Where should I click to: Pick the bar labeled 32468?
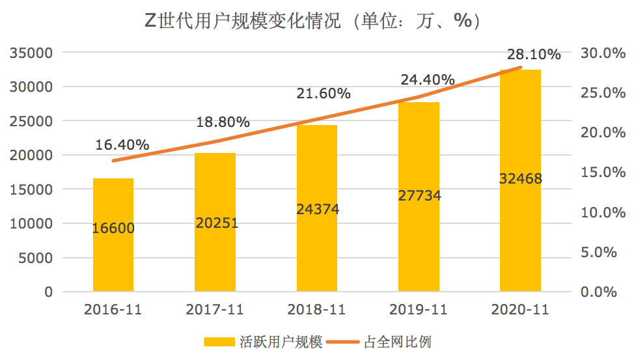click(x=520, y=228)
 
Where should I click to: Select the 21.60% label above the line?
click(x=324, y=94)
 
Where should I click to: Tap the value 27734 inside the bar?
click(x=419, y=195)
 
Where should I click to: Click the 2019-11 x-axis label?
click(x=419, y=310)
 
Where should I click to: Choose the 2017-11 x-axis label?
click(x=215, y=310)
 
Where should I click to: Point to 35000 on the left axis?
click(x=31, y=53)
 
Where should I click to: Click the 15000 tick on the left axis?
click(x=31, y=189)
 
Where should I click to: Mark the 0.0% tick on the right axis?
click(x=598, y=292)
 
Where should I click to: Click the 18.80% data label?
click(x=223, y=122)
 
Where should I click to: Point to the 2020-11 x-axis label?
click(x=520, y=310)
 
